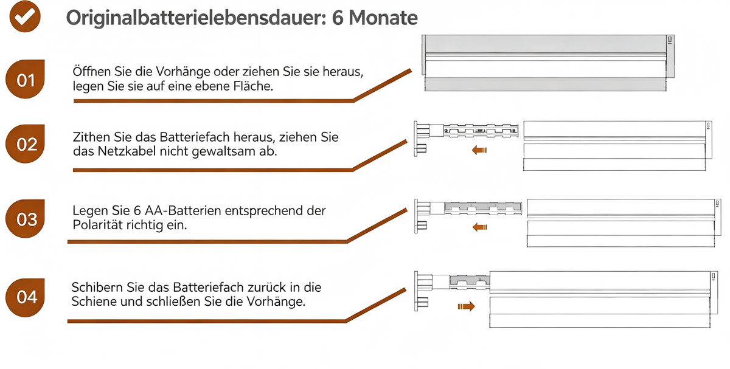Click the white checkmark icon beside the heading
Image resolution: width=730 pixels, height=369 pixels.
tap(25, 16)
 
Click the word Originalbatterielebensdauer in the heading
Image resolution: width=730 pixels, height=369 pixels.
tap(196, 18)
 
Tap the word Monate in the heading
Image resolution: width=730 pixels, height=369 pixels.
tap(383, 18)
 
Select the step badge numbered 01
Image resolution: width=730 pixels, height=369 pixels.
tap(25, 79)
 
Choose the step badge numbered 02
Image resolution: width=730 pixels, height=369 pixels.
tap(25, 143)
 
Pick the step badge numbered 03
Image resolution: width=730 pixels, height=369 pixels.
tap(25, 218)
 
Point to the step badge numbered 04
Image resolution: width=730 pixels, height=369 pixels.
tap(25, 297)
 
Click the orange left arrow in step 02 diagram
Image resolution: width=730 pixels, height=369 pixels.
tap(479, 150)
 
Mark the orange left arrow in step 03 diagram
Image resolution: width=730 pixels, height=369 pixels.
tap(479, 227)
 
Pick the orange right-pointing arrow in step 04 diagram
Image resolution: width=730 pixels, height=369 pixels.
tap(467, 306)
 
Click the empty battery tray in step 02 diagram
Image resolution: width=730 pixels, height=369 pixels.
tap(481, 131)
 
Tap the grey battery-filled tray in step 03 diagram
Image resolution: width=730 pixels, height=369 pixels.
tap(483, 208)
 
